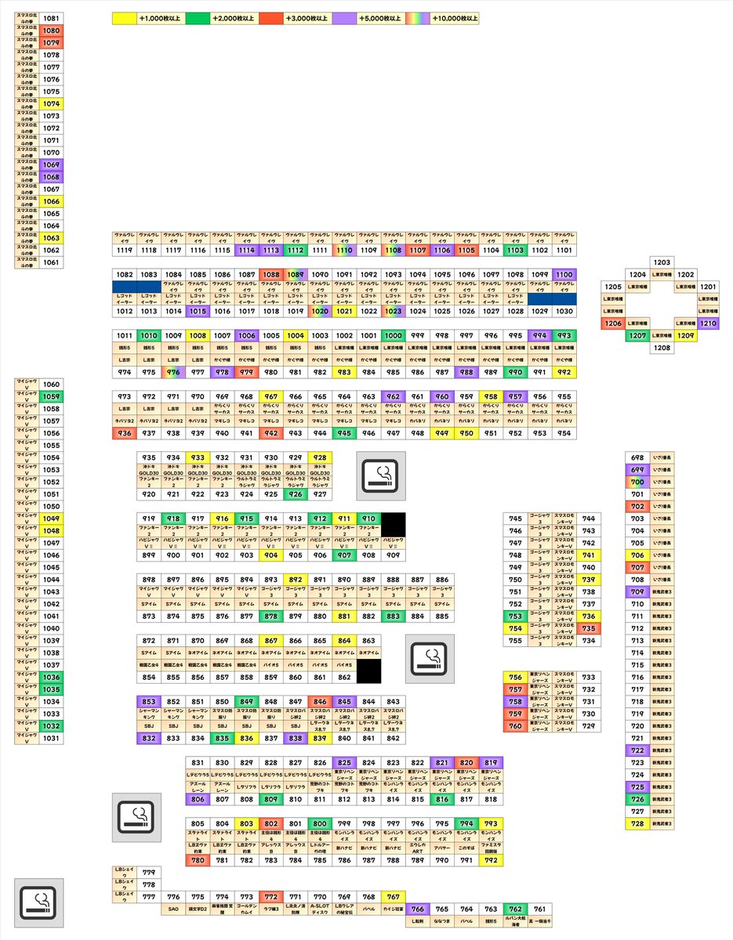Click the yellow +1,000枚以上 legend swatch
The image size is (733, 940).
pos(125,17)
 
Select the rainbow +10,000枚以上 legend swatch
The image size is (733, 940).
pos(418,17)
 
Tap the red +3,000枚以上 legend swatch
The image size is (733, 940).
pos(271,17)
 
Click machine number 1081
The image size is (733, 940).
pos(51,18)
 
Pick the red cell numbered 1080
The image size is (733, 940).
pos(51,31)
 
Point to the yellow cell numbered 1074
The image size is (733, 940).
pos(51,103)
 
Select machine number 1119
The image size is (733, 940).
pos(124,250)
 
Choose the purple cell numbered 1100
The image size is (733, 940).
pos(564,274)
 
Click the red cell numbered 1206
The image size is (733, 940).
pos(613,324)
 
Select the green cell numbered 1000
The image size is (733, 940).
pos(393,335)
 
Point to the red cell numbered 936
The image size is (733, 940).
pos(124,433)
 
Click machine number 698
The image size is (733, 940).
pos(637,457)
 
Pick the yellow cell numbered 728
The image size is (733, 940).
pos(637,824)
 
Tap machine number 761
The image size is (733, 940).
pos(540,909)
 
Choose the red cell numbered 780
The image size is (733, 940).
pos(198,861)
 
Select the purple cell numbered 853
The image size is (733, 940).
pos(149,702)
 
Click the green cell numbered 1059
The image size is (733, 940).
pos(51,396)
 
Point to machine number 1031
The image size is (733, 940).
pos(51,739)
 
